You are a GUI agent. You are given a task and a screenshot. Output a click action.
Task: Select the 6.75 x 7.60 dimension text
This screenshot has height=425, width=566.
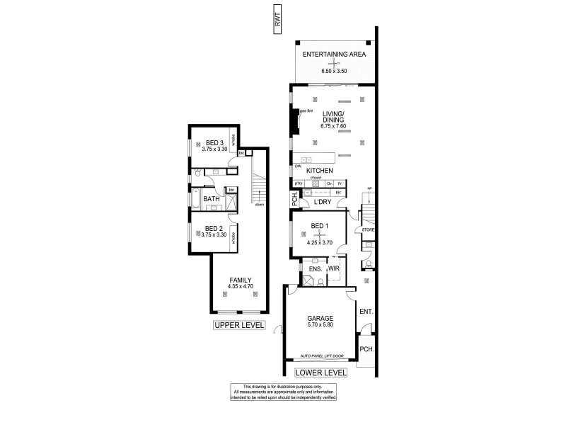pyautogui.click(x=333, y=126)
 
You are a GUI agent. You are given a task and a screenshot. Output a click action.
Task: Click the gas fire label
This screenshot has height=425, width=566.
pyautogui.click(x=306, y=111)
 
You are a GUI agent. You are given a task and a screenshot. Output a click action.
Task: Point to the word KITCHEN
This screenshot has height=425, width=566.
pyautogui.click(x=319, y=171)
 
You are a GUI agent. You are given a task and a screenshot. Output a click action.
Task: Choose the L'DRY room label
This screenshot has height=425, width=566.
pyautogui.click(x=323, y=203)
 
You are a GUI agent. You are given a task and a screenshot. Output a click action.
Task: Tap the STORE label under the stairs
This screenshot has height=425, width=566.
pyautogui.click(x=367, y=230)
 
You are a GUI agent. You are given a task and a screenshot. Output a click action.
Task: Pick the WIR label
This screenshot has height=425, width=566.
pyautogui.click(x=335, y=269)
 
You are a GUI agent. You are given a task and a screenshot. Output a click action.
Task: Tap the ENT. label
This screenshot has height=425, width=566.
pyautogui.click(x=366, y=312)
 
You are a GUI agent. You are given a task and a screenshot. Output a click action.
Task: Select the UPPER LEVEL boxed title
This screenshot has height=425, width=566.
pyautogui.click(x=239, y=326)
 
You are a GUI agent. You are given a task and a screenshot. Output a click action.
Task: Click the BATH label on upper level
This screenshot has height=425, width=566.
pyautogui.click(x=212, y=199)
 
